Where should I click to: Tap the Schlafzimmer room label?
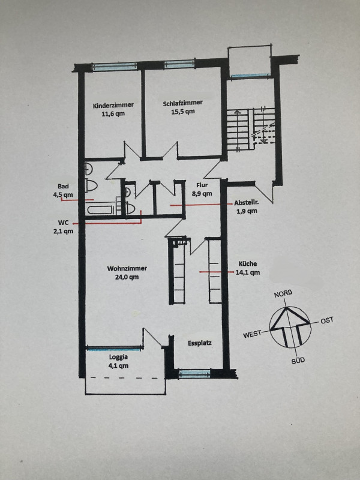183,103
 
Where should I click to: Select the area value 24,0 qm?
127,277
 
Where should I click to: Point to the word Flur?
202,185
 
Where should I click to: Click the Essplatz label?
200,343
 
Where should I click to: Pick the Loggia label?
118,357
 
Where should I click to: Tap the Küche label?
248,263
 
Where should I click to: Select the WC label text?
64,223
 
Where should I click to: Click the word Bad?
63,186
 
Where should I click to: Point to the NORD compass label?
283,293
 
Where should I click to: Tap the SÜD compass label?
298,361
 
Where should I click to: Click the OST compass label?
327,320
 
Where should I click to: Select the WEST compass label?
252,334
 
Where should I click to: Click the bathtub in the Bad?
100,209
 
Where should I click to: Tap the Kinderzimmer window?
115,67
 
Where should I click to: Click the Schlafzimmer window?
179,64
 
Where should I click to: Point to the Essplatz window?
194,374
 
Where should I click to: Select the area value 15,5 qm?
183,112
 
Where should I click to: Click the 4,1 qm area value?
118,366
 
